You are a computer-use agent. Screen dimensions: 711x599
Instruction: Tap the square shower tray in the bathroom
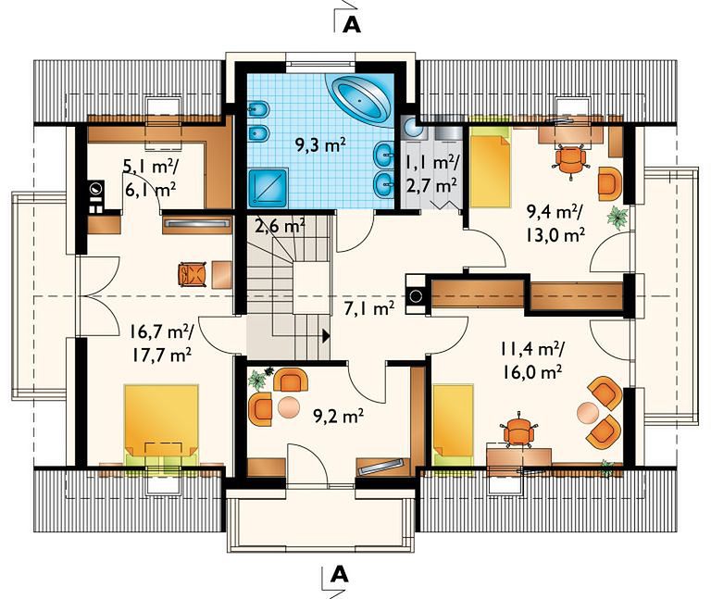268,187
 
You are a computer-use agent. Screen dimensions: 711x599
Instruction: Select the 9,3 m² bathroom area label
321,145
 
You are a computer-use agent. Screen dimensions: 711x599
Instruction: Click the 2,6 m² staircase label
280,225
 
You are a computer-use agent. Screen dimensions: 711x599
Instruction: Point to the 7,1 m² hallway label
369,308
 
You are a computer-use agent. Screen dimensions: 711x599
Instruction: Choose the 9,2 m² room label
339,416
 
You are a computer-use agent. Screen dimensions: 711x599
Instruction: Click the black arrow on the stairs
326,335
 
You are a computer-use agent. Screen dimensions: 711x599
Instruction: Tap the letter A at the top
352,25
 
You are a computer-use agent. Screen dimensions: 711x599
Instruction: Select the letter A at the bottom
339,575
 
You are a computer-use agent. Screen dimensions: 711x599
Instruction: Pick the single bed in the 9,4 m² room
490,167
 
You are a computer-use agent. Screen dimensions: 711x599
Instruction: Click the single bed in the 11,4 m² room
453,425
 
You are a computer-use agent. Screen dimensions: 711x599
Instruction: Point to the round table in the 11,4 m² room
588,412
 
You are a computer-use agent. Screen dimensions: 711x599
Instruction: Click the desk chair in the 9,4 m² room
570,159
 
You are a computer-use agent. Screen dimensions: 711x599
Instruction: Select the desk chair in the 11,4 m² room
518,431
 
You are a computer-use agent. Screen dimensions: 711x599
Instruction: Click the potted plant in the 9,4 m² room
617,217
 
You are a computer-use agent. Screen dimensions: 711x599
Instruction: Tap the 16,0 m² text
532,372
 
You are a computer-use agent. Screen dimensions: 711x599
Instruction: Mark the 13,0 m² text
555,235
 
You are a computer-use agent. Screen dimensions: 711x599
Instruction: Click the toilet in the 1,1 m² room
414,127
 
